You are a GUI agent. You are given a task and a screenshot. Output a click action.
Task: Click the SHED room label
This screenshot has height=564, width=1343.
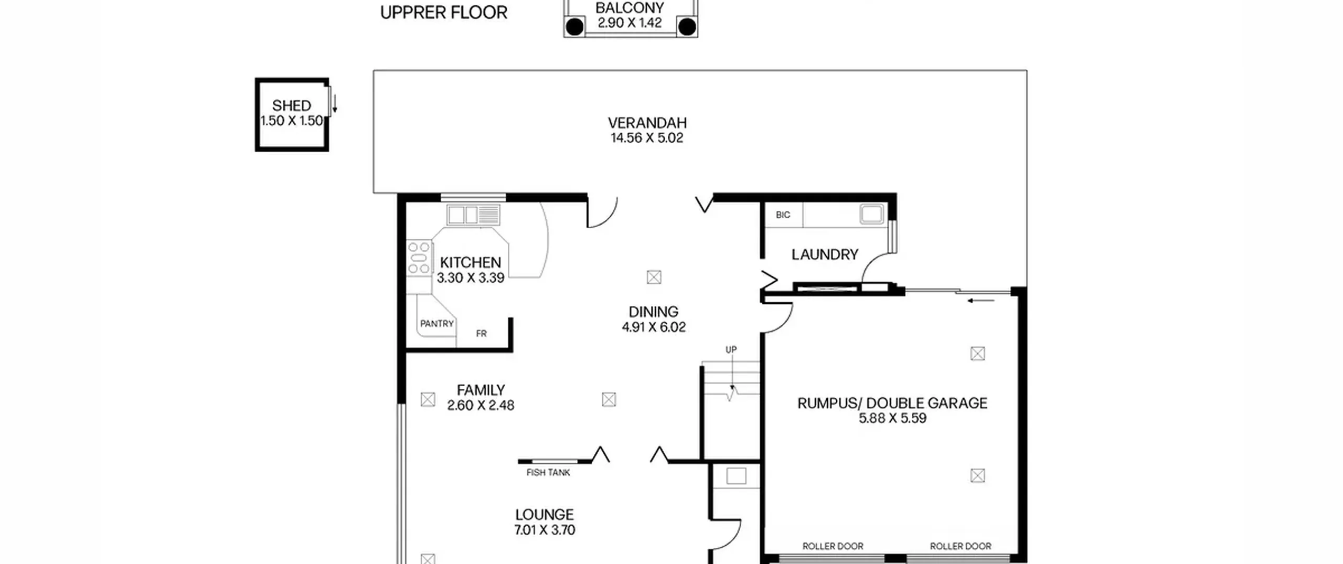[292, 105]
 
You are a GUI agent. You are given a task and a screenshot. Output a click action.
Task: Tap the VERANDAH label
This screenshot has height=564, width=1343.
[647, 123]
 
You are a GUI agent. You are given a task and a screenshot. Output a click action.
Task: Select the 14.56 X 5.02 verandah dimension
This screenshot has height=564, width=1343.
[647, 138]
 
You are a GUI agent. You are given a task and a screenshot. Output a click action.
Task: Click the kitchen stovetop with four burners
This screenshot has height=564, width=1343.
[419, 258]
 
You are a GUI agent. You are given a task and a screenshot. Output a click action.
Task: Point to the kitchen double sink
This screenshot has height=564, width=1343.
[473, 215]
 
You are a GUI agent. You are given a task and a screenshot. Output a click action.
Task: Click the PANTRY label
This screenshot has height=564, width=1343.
[436, 324]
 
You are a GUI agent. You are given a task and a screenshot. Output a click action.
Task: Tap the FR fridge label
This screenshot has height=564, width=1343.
[481, 334]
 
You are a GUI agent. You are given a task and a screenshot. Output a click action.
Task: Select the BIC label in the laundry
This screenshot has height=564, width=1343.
[783, 215]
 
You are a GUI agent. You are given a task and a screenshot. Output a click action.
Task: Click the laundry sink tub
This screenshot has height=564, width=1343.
[871, 214]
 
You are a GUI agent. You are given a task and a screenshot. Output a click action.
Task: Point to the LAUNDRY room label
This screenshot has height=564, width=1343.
[825, 254]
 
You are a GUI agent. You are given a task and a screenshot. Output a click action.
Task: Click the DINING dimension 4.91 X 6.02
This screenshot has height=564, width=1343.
[654, 327]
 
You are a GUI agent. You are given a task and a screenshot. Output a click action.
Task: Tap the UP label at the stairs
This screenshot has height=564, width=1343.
[731, 349]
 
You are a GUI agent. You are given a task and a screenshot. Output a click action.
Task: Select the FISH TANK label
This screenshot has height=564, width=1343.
[548, 473]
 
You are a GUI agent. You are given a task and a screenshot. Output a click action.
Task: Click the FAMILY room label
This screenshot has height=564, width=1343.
[481, 390]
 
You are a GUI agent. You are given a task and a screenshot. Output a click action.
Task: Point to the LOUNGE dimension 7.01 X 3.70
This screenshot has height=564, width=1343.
[545, 530]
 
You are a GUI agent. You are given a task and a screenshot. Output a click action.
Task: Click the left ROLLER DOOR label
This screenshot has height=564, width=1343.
[833, 546]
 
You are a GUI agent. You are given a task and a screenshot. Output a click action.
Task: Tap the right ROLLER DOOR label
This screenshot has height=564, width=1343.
[961, 546]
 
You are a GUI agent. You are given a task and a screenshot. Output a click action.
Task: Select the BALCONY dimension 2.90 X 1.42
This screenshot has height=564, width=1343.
[630, 23]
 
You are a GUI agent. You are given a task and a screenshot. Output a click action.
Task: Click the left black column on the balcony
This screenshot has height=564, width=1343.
[575, 26]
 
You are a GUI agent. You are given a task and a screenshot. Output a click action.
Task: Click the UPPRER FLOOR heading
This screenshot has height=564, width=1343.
[444, 13]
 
